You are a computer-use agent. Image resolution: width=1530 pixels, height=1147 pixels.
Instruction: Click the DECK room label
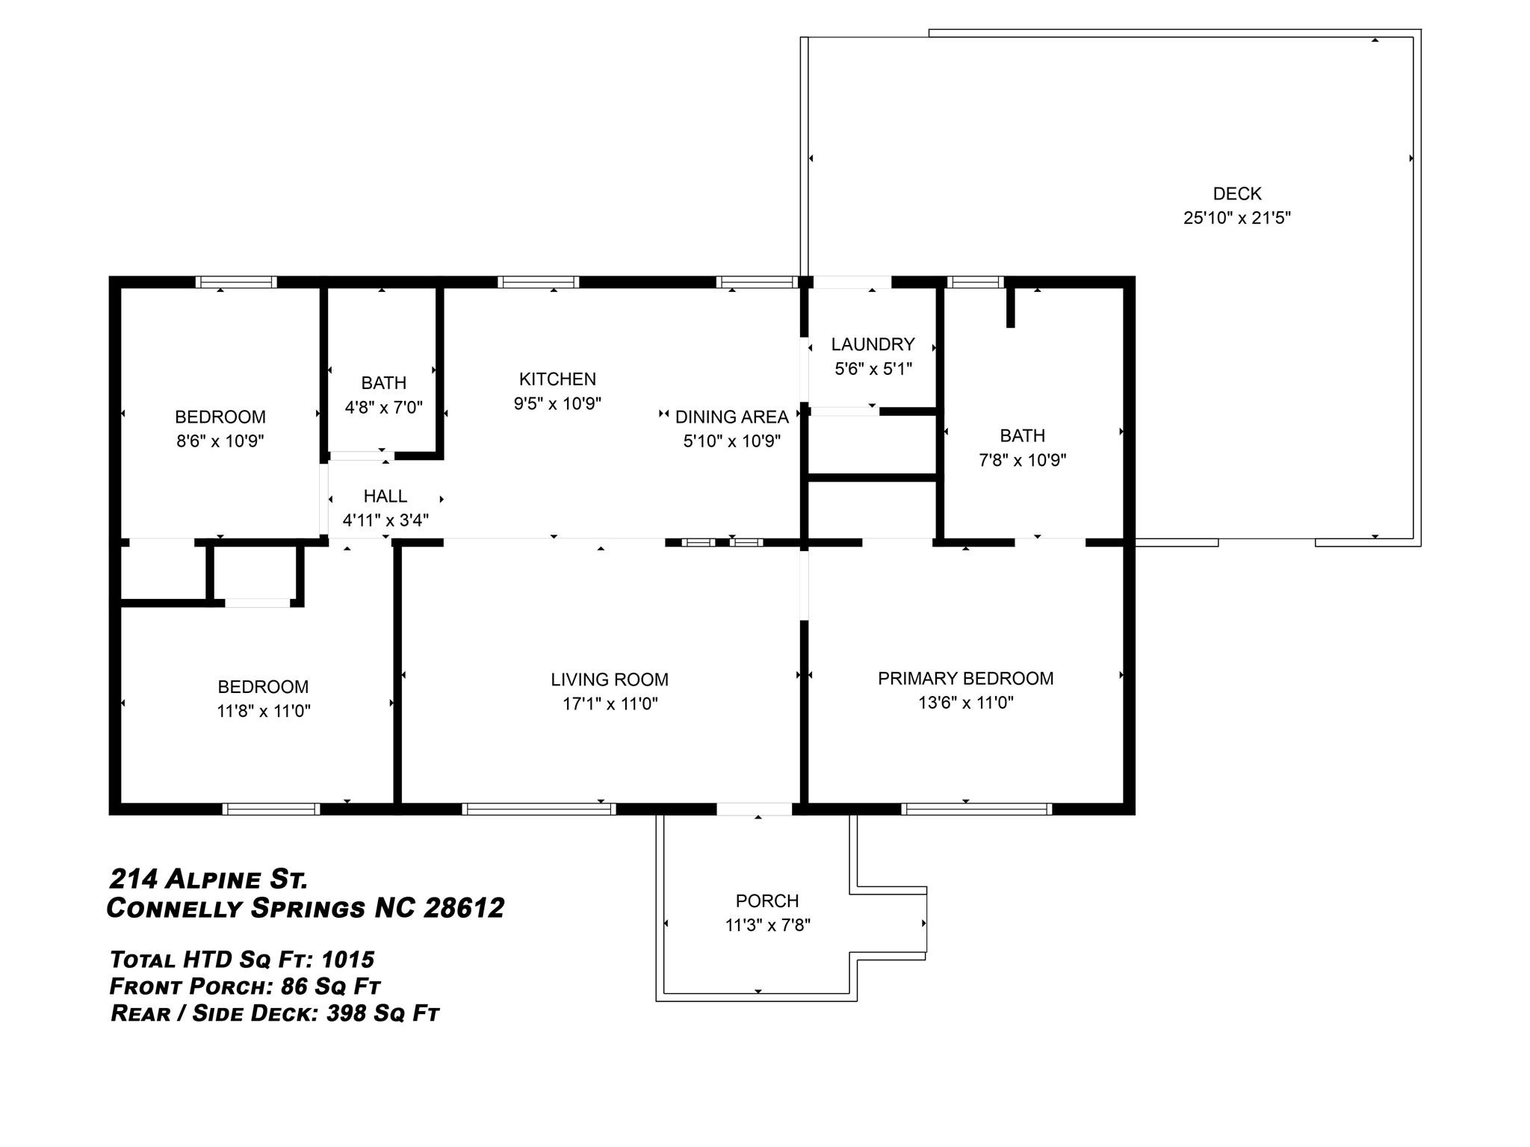[x=1237, y=193]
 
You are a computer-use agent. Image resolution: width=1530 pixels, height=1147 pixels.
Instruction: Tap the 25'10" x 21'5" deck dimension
[x=1237, y=218]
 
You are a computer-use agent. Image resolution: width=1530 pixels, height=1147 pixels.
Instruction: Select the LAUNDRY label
[x=873, y=344]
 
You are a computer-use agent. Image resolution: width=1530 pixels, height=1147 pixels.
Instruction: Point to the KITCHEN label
[x=557, y=379]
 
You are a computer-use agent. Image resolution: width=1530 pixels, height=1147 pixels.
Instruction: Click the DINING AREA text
[x=732, y=417]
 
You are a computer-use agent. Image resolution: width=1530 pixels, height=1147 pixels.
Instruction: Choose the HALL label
[x=385, y=496]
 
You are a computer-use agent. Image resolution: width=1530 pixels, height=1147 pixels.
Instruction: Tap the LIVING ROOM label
[x=610, y=680]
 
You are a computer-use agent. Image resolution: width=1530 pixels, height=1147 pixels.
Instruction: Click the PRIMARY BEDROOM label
[x=965, y=678]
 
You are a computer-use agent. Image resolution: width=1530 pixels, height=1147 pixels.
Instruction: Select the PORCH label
[x=767, y=901]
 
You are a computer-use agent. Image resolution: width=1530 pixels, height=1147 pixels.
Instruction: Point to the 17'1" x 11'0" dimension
[x=610, y=703]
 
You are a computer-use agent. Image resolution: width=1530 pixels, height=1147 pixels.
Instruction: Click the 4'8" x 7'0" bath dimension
[x=383, y=408]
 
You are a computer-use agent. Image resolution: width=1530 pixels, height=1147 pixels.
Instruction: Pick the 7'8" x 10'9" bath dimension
[x=1022, y=460]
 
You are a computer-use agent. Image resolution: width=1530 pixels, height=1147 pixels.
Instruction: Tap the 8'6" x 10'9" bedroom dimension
[x=220, y=441]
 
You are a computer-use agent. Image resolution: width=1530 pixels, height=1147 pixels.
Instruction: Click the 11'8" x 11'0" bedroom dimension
[x=263, y=711]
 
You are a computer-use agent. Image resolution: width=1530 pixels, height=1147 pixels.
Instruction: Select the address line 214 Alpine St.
[x=208, y=880]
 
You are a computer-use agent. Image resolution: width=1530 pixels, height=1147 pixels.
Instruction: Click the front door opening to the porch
[x=755, y=809]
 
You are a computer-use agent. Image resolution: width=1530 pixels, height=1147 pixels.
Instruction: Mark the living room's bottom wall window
[x=539, y=809]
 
